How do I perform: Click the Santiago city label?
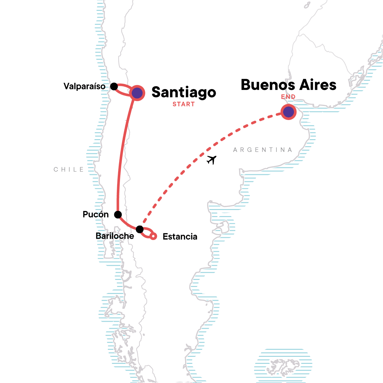click(184, 92)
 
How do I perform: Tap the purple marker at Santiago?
click(137, 93)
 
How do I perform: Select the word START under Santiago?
click(184, 104)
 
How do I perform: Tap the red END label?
click(288, 97)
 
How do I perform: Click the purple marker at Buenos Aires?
click(289, 112)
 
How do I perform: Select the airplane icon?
click(211, 159)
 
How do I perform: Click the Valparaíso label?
click(84, 86)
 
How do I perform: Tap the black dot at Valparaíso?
click(114, 86)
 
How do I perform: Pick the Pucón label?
click(95, 214)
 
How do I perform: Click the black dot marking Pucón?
click(118, 214)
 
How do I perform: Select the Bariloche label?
click(115, 236)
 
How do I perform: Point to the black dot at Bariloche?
click(139, 229)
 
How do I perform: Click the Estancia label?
click(180, 237)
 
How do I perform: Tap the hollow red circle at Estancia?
click(154, 237)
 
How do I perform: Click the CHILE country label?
click(69, 169)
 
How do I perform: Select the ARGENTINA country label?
click(262, 150)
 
